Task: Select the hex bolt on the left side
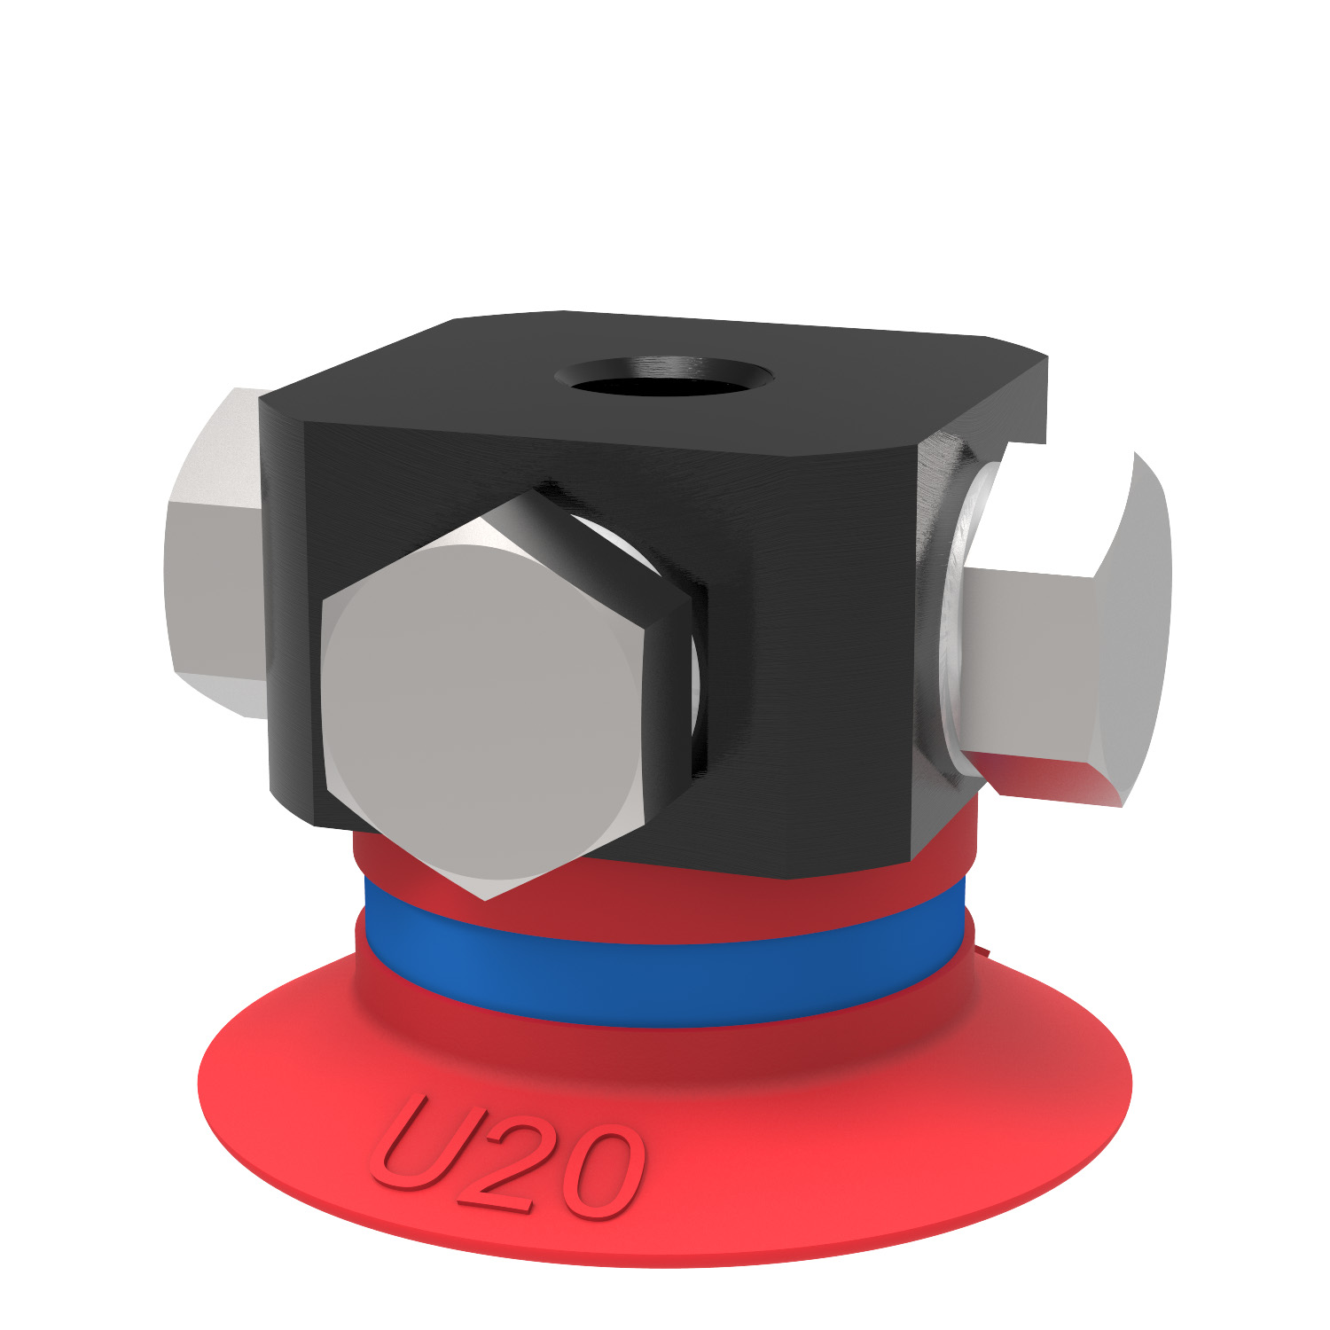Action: pos(213,550)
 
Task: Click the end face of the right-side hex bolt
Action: pos(1135,621)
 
